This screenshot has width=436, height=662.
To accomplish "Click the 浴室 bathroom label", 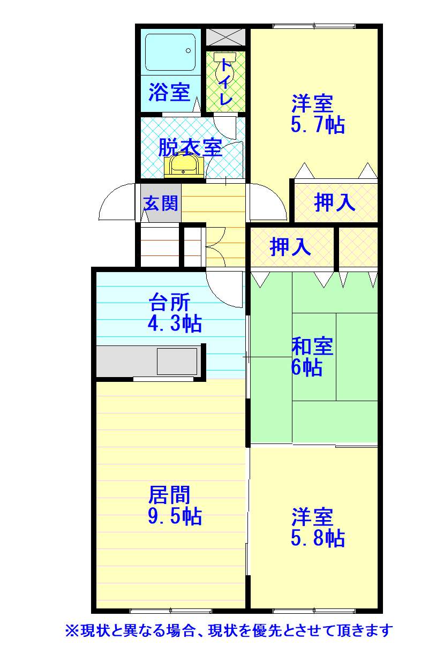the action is coord(169,92).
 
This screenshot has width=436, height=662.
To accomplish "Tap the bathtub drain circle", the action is coord(189,50).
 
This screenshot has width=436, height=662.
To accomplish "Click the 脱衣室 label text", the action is coord(190,147).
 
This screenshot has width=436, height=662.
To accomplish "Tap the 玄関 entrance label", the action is coord(161,203).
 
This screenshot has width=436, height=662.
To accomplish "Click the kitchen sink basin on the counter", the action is coord(177,361).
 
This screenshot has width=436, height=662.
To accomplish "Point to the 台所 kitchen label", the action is coord(169,302).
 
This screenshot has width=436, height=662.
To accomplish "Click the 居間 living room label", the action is coord(169,495).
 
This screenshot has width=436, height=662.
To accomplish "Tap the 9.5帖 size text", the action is coord(175,516).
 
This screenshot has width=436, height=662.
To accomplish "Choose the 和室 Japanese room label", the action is coord(312,346).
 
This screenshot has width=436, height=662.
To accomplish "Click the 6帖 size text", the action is coord(306,367).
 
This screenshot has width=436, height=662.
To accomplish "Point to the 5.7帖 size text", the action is coord(318,125).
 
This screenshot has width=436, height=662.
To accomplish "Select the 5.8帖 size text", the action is coord(318,538).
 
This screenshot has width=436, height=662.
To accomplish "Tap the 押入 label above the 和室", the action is coord(290,246).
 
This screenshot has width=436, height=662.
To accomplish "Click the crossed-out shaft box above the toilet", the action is coord(225,37).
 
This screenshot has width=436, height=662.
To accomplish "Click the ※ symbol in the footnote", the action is coord(72,631).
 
